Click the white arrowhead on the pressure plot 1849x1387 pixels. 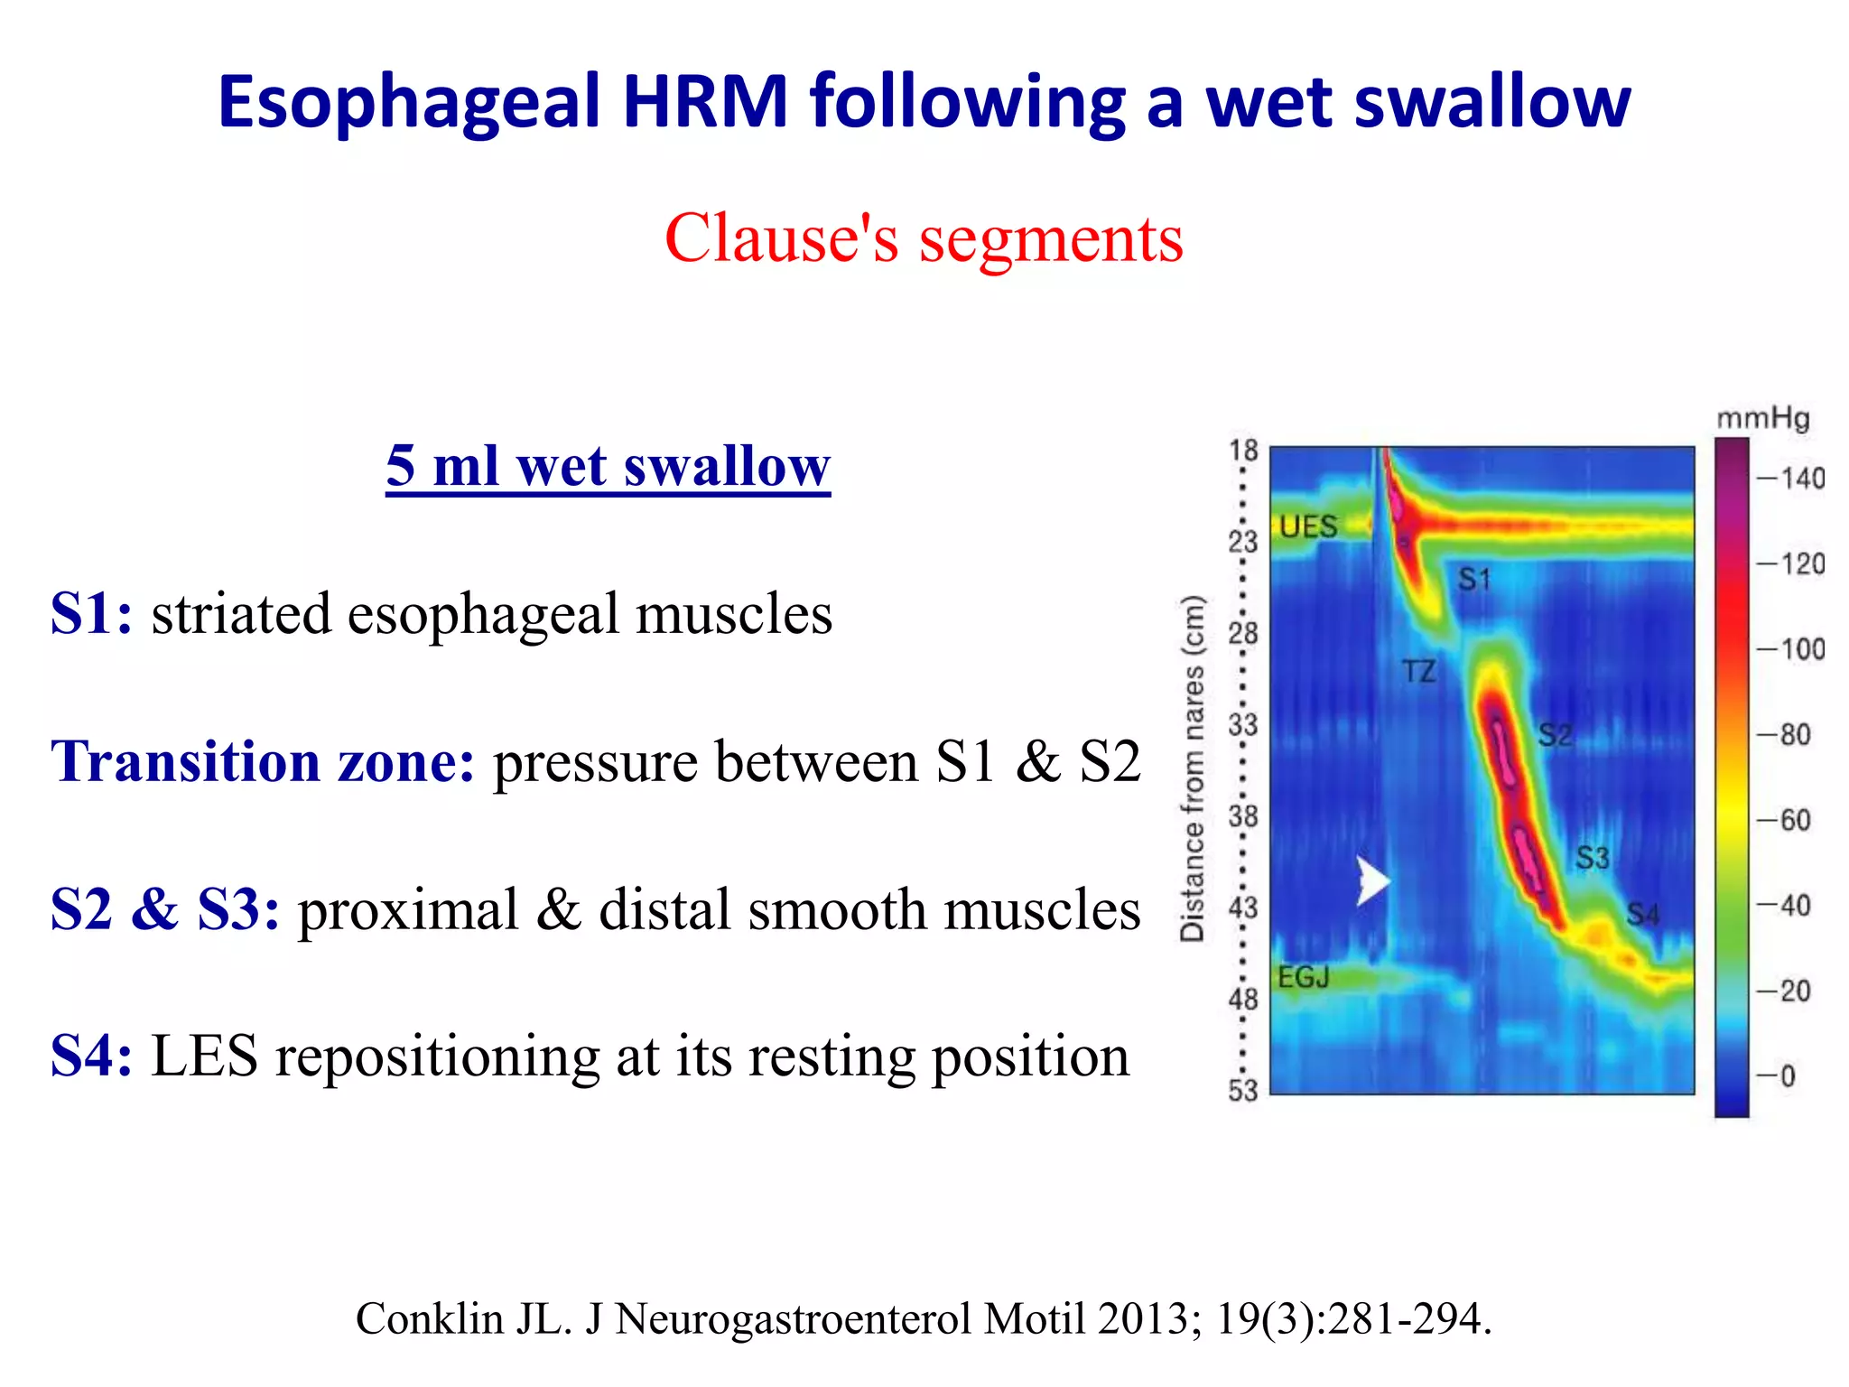1371,880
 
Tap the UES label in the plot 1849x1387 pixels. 1308,526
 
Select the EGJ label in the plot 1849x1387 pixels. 1303,977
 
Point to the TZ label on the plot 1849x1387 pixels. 1418,672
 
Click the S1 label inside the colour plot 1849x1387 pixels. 1474,579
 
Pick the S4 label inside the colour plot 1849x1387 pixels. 1642,915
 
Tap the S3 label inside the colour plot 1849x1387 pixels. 1592,857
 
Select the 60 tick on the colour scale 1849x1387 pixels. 1795,820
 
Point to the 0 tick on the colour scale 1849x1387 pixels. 1787,1076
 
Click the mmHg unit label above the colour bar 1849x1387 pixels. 1762,419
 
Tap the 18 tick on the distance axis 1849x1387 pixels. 1243,450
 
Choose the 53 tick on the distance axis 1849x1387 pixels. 1242,1091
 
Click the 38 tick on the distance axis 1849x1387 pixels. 1242,816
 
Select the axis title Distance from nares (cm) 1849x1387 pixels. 1193,768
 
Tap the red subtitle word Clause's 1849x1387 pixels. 781,238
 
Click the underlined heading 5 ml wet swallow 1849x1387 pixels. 608,467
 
